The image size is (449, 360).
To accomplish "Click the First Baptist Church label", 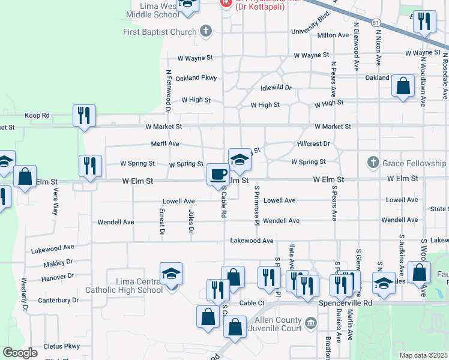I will coord(160,32).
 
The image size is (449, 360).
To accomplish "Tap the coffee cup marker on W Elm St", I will coord(217,174).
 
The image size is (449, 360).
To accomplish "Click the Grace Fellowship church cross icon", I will coord(373,163).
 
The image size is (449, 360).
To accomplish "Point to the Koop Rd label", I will coord(37,115).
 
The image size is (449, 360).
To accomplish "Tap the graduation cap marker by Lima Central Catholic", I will coord(171,274).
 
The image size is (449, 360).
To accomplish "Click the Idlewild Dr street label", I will coord(276,88).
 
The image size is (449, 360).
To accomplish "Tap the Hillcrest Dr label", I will coord(313,144).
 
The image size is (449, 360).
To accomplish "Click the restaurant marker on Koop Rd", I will coord(84,115).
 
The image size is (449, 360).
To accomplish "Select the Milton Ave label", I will coord(333,35).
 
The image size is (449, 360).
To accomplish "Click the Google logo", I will coord(20,353).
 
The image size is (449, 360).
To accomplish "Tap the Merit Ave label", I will coord(165,144).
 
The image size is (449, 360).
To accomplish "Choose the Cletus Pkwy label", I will coord(62,346).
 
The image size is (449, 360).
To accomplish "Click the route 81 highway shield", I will coord(376,22).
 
